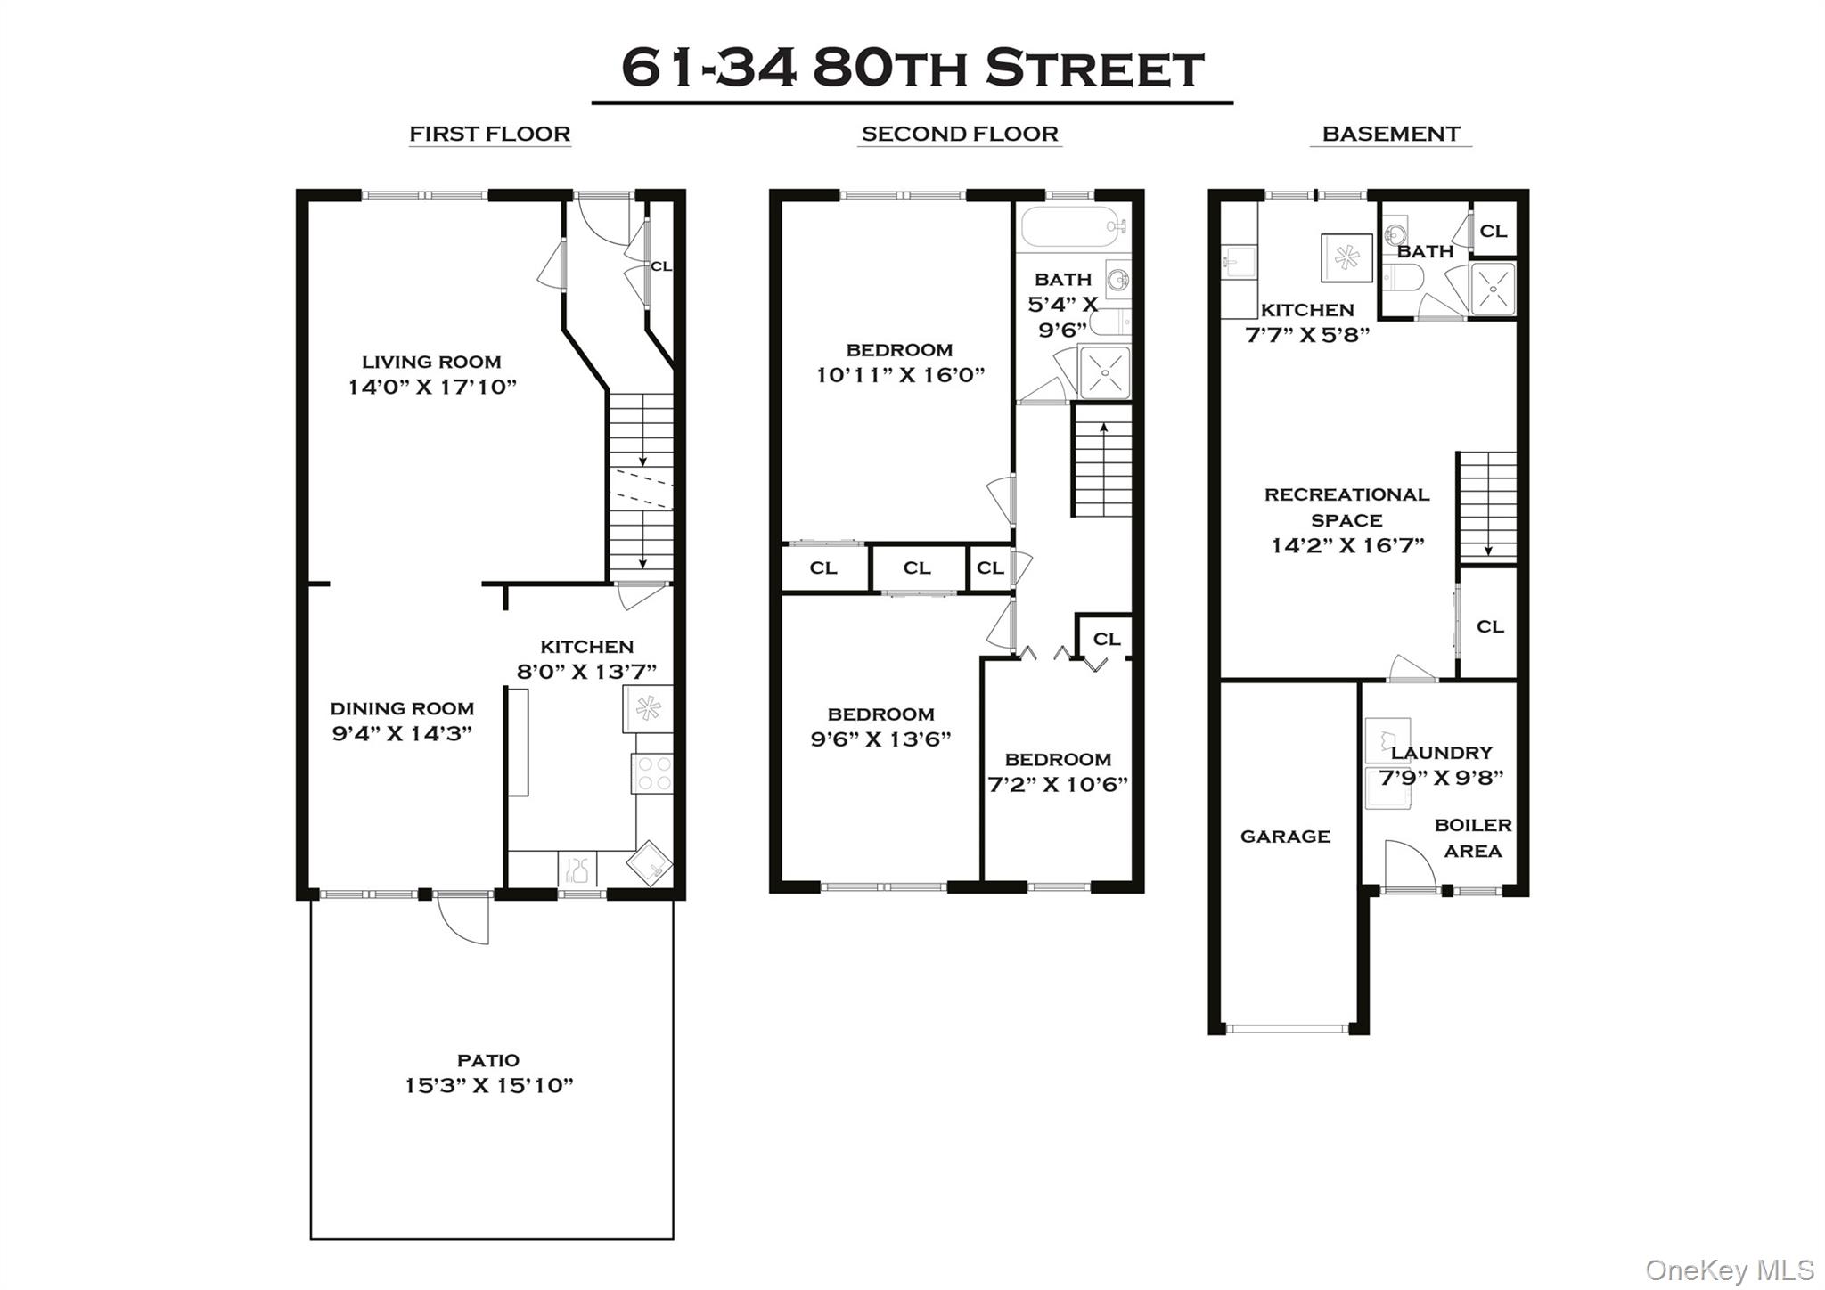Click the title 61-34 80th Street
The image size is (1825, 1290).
pos(912,69)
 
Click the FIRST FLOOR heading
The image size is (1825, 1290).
pos(489,134)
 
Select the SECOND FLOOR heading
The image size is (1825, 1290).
pos(959,134)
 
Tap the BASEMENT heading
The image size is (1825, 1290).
pos(1390,134)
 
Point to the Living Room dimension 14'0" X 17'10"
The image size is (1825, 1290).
pos(431,387)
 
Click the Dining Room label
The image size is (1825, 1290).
pos(402,708)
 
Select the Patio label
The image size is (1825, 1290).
pos(487,1060)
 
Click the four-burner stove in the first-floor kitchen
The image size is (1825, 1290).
pos(652,773)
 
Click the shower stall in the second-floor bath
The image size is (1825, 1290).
pos(1105,372)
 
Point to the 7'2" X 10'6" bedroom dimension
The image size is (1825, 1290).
pos(1058,785)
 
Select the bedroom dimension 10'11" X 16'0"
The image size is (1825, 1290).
pos(900,375)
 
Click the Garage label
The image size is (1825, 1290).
pos(1285,837)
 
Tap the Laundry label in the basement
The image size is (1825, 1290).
pos(1441,753)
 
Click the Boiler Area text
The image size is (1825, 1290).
pos(1472,838)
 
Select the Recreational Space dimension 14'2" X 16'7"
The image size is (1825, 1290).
pos(1347,545)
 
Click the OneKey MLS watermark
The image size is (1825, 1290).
pos(1729,1270)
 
